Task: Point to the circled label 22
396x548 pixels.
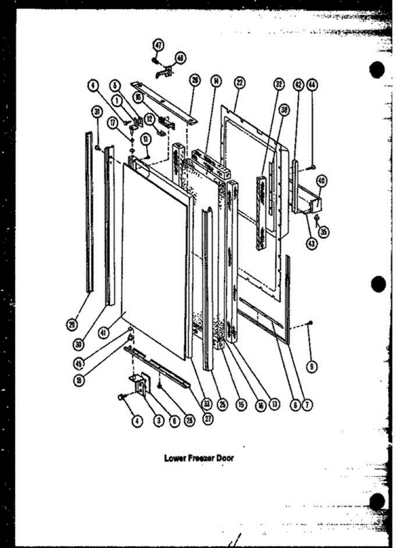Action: point(239,83)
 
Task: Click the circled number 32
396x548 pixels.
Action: point(278,84)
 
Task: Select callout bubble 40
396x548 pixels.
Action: point(322,181)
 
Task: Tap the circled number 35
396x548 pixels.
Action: point(323,232)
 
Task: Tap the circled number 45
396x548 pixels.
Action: point(80,364)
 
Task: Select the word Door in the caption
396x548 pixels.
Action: point(224,458)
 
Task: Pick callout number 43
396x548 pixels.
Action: point(312,244)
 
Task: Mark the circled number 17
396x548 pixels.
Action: point(111,122)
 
